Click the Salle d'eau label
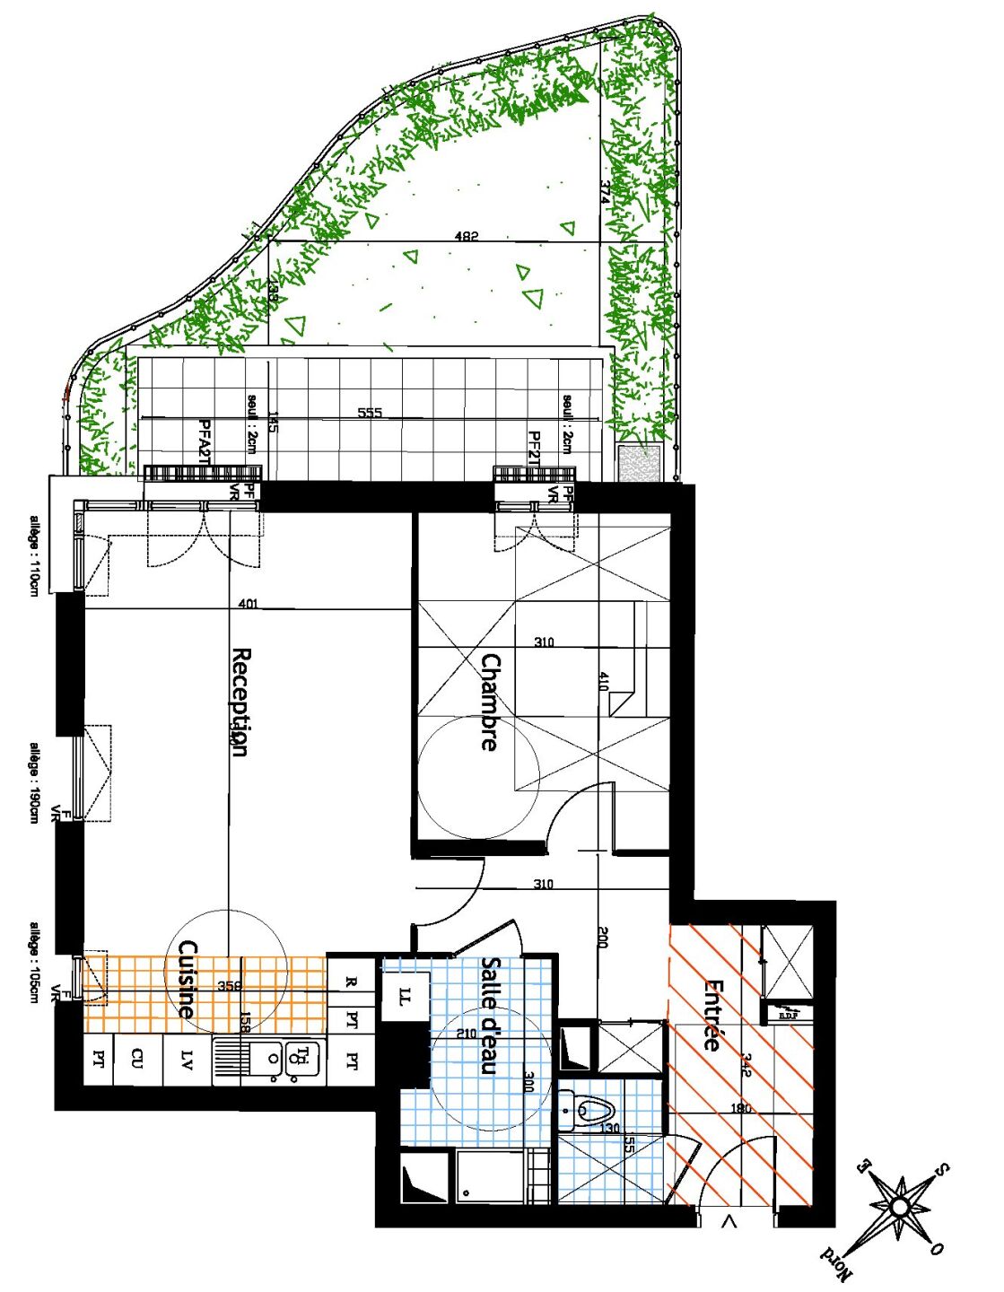click(x=490, y=1015)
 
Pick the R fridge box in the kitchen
click(x=353, y=982)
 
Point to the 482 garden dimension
click(x=467, y=236)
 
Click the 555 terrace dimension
click(x=370, y=413)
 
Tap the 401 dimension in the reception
click(x=249, y=604)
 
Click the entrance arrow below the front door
click(x=729, y=1220)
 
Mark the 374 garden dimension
click(x=606, y=192)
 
